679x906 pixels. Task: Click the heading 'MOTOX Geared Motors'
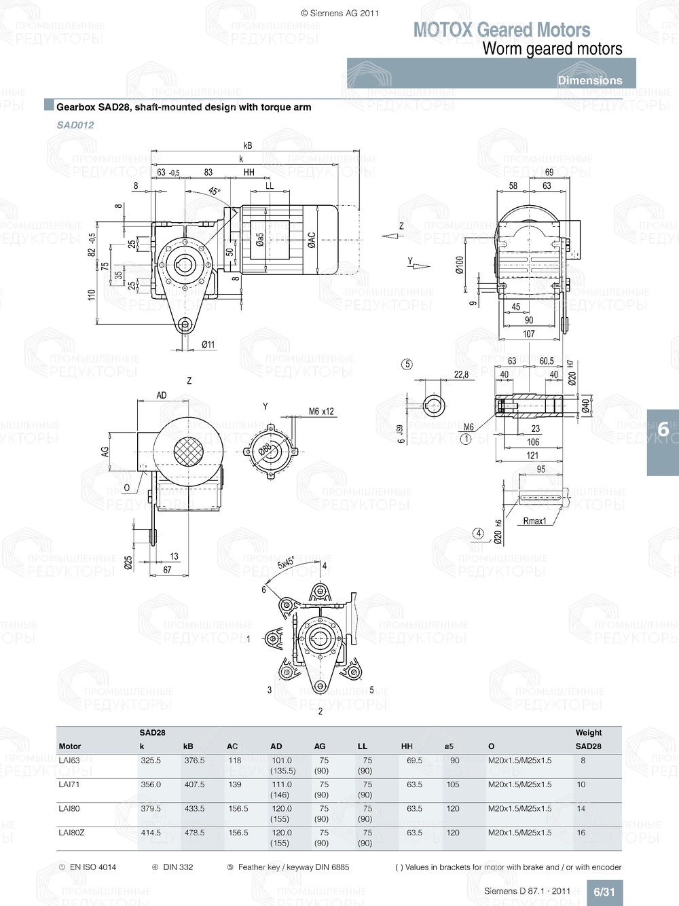click(x=502, y=30)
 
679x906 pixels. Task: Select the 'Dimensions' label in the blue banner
click(x=589, y=80)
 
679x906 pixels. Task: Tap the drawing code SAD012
click(x=75, y=125)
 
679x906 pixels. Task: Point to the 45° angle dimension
click(x=214, y=192)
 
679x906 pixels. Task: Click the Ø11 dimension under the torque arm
click(x=208, y=344)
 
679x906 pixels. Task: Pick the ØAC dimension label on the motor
click(x=312, y=240)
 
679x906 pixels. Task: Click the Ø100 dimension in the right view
click(x=460, y=266)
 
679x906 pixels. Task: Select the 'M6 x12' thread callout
click(x=321, y=412)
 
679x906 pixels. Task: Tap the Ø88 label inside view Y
click(x=265, y=449)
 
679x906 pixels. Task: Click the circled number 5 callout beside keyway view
click(x=407, y=365)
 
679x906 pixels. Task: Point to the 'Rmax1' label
click(x=534, y=521)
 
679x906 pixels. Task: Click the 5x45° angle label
click(x=287, y=563)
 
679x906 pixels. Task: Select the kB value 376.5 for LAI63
click(x=194, y=761)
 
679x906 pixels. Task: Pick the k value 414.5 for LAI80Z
click(x=151, y=833)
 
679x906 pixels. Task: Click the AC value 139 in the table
click(x=235, y=784)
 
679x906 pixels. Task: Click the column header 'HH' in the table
click(x=407, y=746)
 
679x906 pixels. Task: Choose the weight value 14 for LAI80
click(x=581, y=809)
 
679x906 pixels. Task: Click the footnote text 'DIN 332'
click(x=178, y=867)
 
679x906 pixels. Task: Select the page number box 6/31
click(x=604, y=892)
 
